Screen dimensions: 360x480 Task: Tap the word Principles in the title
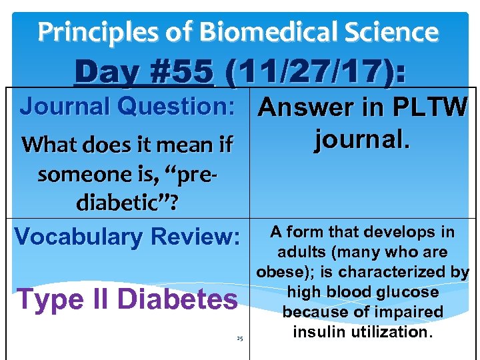pyautogui.click(x=102, y=31)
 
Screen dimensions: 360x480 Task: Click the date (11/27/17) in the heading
pyautogui.click(x=315, y=71)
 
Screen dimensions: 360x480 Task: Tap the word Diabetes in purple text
pyautogui.click(x=177, y=299)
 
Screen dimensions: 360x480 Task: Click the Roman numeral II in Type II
pyautogui.click(x=100, y=299)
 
